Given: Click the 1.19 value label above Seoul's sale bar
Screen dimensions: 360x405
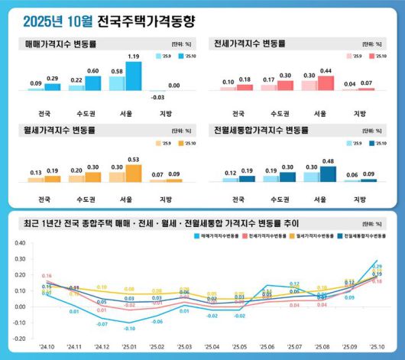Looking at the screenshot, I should [x=134, y=57].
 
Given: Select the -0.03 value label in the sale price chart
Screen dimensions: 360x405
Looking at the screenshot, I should [x=157, y=98].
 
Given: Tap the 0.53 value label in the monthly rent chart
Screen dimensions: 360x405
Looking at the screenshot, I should [x=134, y=159].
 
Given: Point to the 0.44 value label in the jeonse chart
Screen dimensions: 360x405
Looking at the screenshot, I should [x=326, y=70].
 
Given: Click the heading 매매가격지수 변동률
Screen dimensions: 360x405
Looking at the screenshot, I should [x=57, y=44].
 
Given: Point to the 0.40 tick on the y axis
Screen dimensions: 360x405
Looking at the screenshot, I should [x=21, y=244].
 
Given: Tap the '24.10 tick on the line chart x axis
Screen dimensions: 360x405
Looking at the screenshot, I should [x=47, y=346].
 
